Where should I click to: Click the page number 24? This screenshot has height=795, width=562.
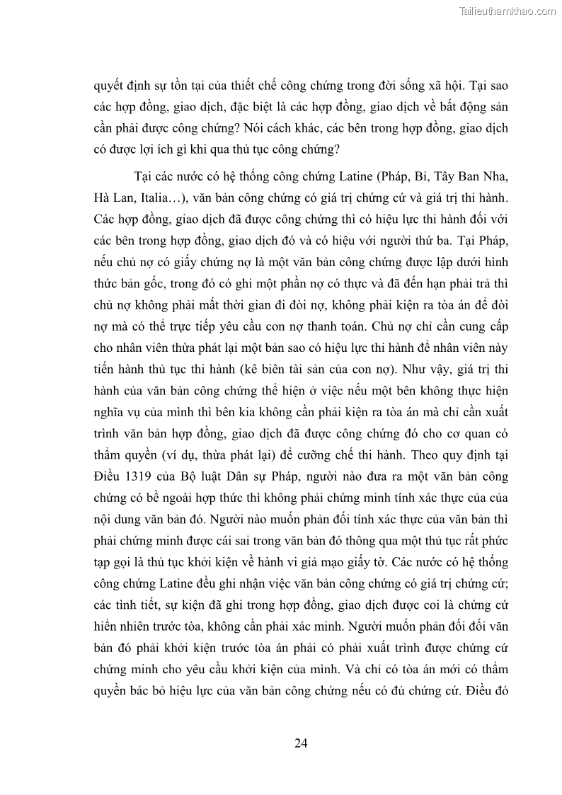coord(300,743)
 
